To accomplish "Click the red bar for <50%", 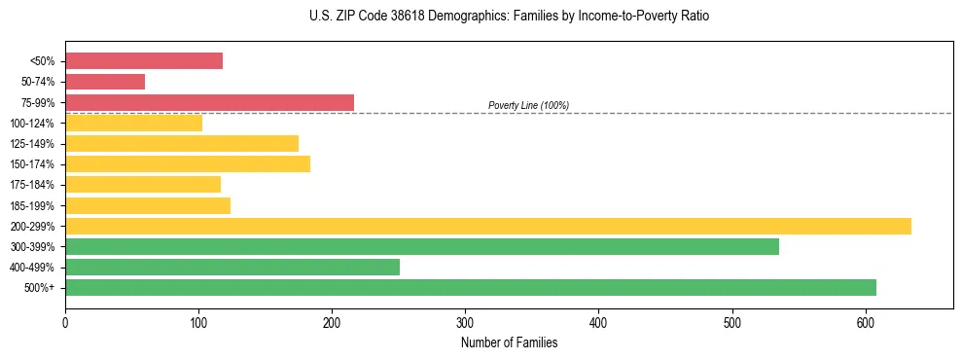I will coord(144,61).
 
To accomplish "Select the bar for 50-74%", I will coord(105,82).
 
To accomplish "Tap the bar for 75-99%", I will coord(209,102).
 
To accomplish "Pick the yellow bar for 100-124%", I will coord(133,123).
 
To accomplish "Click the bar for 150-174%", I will coord(188,163).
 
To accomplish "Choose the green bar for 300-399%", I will coord(422,246).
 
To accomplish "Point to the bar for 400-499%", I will coord(232,267).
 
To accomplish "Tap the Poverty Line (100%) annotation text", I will coord(528,105).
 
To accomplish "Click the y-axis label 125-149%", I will coord(32,144).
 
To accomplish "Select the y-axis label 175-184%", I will coord(32,185).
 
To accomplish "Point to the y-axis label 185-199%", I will coord(32,205).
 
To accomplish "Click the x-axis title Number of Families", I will coord(509,342).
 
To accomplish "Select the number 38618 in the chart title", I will coord(382,17).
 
